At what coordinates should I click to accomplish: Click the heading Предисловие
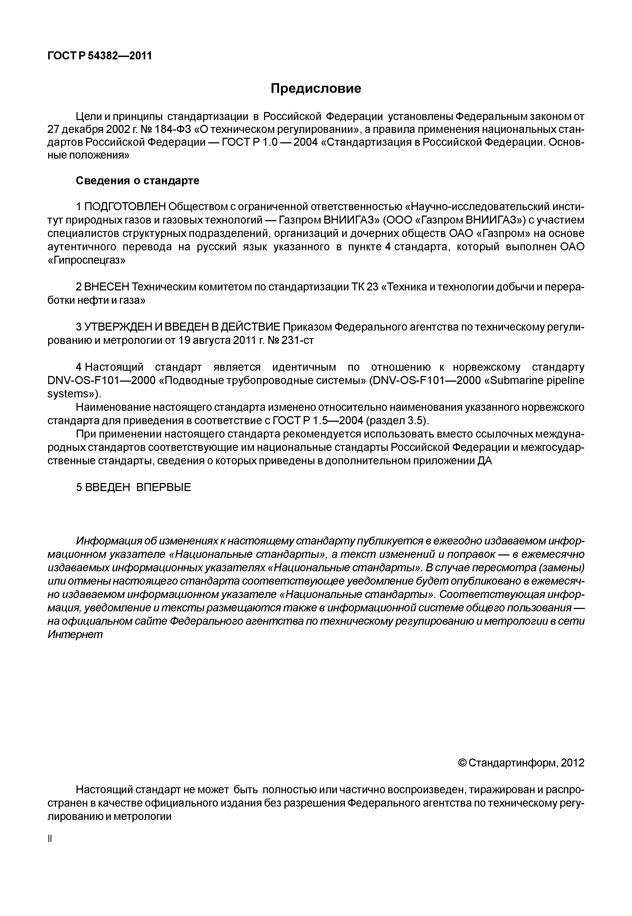coord(316,88)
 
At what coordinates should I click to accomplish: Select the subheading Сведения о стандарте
coord(138,181)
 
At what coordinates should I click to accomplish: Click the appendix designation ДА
coord(485,461)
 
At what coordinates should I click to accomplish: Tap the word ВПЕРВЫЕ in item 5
coord(163,487)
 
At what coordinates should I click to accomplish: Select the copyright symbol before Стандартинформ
coord(462,763)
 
